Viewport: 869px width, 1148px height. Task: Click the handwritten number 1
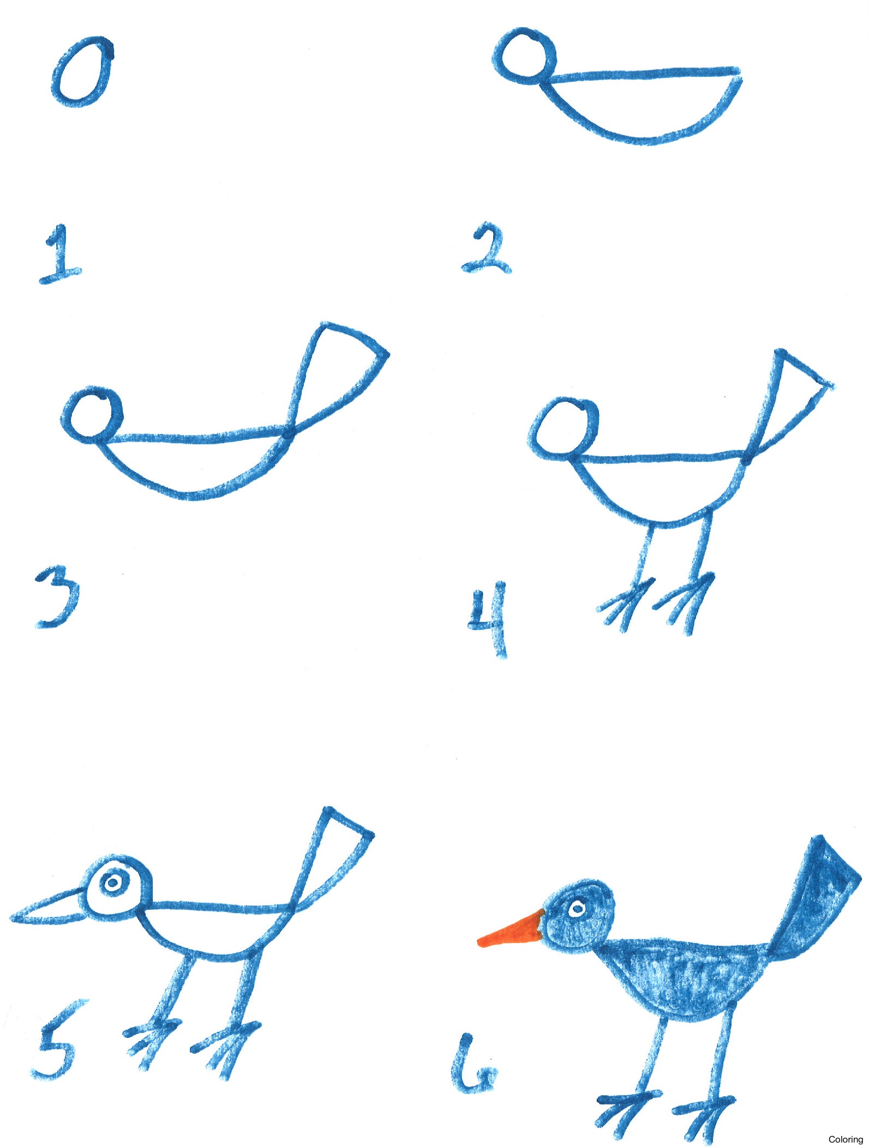pyautogui.click(x=59, y=255)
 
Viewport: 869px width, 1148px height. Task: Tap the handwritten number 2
pyautogui.click(x=487, y=250)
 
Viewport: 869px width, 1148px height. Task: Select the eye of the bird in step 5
pyautogui.click(x=113, y=882)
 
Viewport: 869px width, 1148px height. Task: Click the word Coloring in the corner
pyautogui.click(x=845, y=1139)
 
